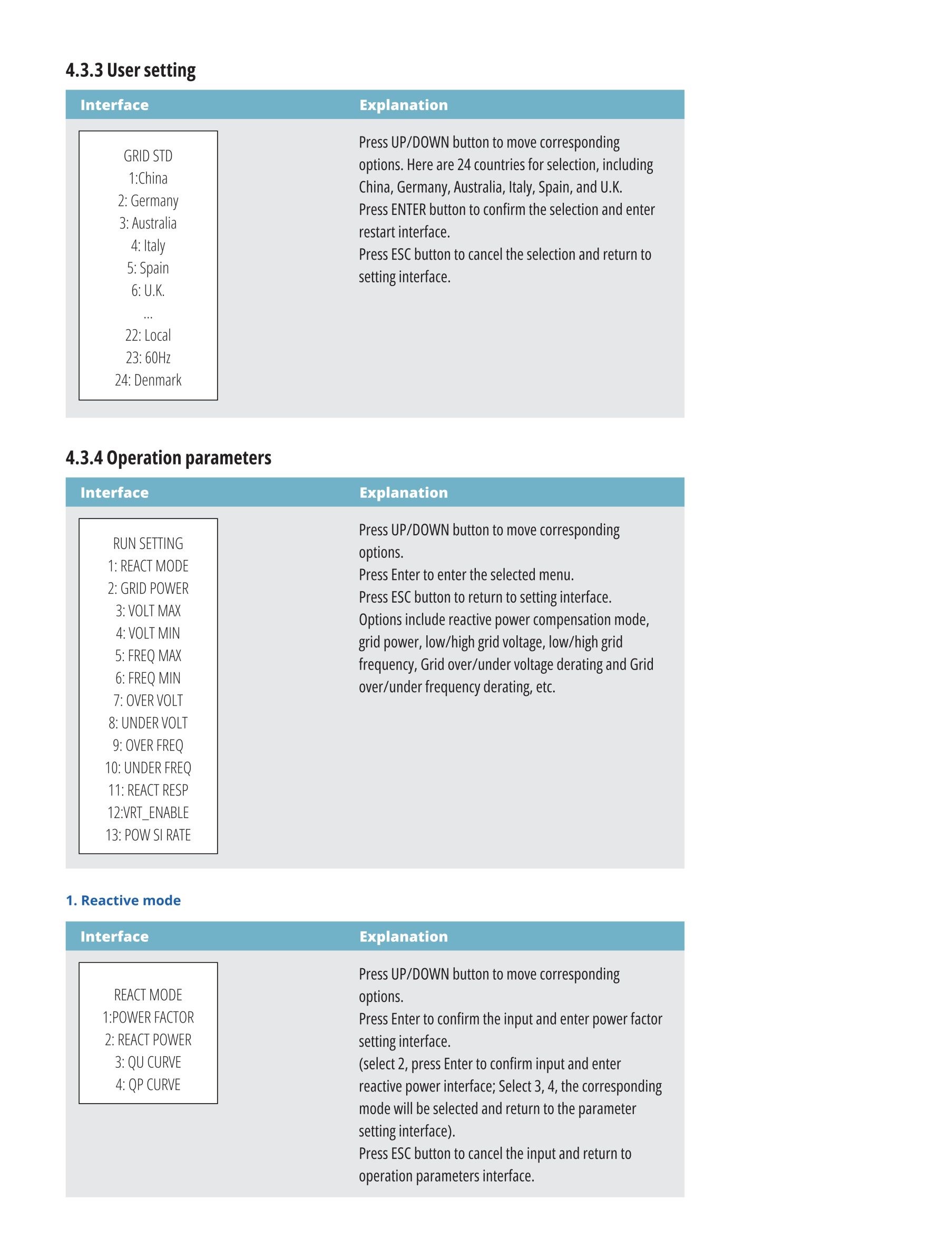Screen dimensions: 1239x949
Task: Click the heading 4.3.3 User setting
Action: pyautogui.click(x=131, y=70)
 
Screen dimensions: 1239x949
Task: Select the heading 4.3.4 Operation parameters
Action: pyautogui.click(x=168, y=457)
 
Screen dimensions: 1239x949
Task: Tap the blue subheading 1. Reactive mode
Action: pyautogui.click(x=123, y=900)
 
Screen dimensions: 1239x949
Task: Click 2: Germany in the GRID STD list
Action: pyautogui.click(x=148, y=201)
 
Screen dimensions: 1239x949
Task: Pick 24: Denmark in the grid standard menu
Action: pyautogui.click(x=148, y=380)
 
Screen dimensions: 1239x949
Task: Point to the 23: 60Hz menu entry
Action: pyautogui.click(x=148, y=358)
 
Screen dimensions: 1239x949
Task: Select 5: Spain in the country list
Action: pyautogui.click(x=148, y=268)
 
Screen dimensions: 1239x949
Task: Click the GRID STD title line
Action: pyautogui.click(x=148, y=156)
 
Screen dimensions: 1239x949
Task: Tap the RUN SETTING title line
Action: pyautogui.click(x=148, y=543)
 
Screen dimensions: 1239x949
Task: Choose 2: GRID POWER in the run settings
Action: pyautogui.click(x=148, y=588)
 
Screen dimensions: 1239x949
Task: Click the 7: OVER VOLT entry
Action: pyautogui.click(x=148, y=700)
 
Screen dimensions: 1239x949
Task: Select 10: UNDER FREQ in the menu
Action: pyautogui.click(x=148, y=768)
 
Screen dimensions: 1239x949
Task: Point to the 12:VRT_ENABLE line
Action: pyautogui.click(x=148, y=813)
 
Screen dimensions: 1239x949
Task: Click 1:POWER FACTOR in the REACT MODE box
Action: pyautogui.click(x=148, y=1017)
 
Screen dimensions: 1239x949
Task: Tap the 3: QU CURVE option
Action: pyautogui.click(x=148, y=1062)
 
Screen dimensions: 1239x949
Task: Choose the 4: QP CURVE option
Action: pyautogui.click(x=148, y=1084)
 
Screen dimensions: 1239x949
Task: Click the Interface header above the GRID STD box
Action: pyautogui.click(x=114, y=105)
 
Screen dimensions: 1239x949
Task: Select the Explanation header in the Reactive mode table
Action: pyautogui.click(x=403, y=936)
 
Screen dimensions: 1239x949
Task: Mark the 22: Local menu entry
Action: pyautogui.click(x=148, y=335)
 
